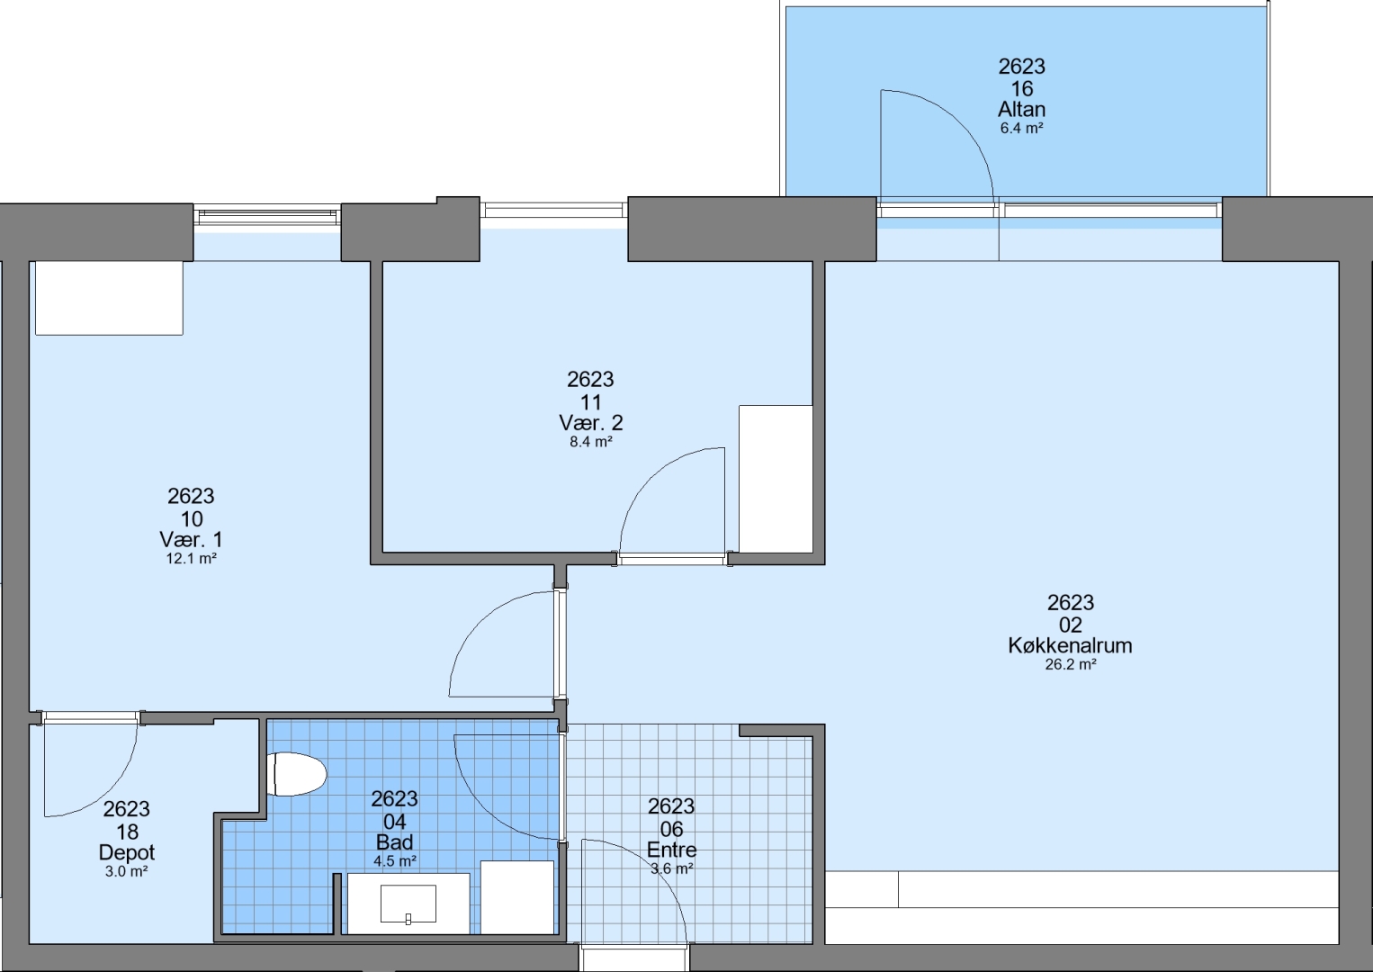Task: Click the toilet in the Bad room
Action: [298, 774]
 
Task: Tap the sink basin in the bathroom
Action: [408, 904]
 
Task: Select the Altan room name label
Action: [1022, 110]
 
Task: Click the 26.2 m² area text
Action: [1070, 664]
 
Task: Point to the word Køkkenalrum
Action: [1070, 645]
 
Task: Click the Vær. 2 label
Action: [591, 422]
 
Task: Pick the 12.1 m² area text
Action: [192, 559]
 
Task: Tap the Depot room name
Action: [127, 852]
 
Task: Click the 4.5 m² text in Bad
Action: [395, 861]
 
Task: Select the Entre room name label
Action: [672, 850]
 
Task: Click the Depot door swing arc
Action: [109, 792]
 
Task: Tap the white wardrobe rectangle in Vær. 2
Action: [776, 479]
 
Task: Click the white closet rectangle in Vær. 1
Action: [109, 298]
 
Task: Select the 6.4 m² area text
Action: [1022, 128]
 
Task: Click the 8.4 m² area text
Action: [591, 442]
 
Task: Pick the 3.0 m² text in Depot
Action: [126, 871]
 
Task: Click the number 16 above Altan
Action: [1022, 89]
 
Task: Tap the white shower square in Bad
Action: [517, 898]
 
